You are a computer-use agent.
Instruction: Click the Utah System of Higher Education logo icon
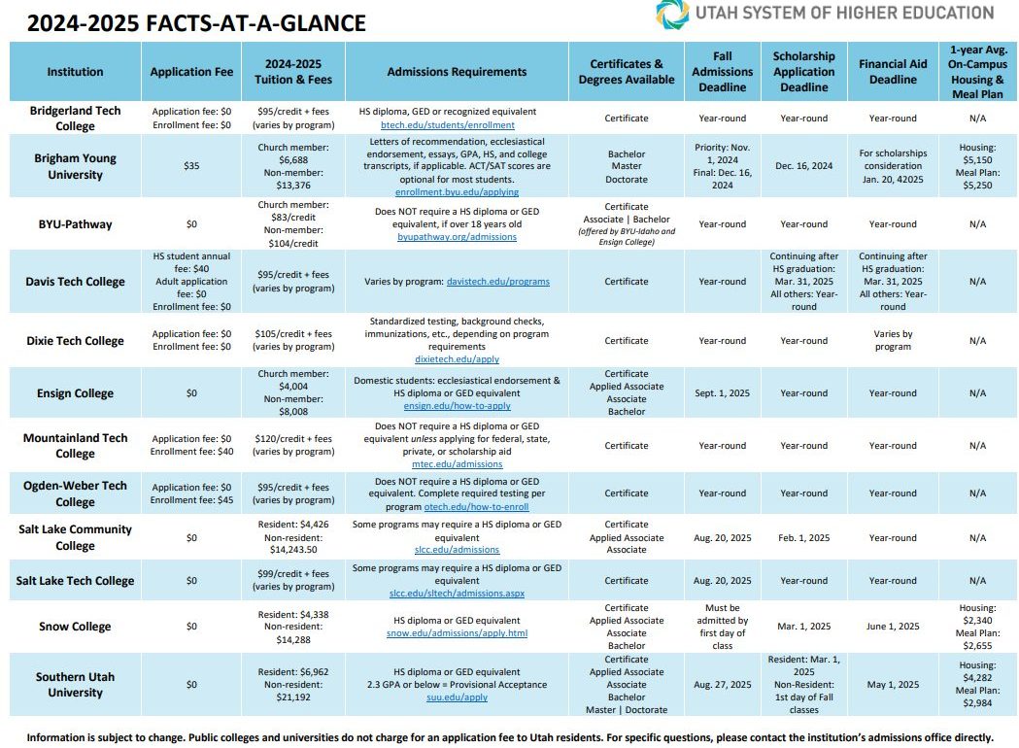click(x=672, y=15)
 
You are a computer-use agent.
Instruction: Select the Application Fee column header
click(x=191, y=72)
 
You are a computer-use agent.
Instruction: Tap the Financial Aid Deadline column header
click(x=893, y=72)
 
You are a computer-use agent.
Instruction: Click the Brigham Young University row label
click(x=76, y=166)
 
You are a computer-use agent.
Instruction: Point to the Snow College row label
click(x=75, y=627)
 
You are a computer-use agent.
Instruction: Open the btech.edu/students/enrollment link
click(x=447, y=124)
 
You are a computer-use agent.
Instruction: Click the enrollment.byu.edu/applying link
click(x=457, y=192)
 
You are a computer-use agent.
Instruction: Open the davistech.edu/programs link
click(x=497, y=282)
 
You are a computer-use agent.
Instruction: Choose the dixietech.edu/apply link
click(x=457, y=359)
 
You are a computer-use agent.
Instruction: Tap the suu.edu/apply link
click(x=457, y=697)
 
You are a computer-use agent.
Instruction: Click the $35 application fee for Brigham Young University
click(x=191, y=166)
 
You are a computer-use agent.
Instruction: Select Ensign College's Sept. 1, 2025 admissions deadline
click(x=722, y=393)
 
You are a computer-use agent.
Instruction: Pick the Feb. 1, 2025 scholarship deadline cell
click(x=804, y=538)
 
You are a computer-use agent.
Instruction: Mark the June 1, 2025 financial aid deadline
click(x=893, y=627)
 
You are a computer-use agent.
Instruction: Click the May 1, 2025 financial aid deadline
click(x=893, y=684)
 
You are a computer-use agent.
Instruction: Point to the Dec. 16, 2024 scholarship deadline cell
click(x=804, y=166)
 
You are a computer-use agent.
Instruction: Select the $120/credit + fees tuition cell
click(x=293, y=439)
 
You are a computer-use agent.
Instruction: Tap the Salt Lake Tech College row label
click(x=75, y=580)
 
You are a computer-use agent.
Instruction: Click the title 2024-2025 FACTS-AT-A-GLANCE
click(x=196, y=23)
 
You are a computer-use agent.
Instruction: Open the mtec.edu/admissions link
click(x=457, y=464)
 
